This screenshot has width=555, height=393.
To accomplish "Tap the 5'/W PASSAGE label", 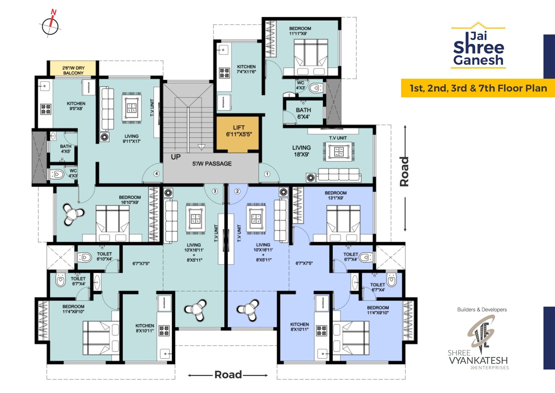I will pos(212,164).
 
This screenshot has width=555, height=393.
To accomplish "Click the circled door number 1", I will pos(267,174).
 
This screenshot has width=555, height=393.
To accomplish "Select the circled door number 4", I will pos(156,174).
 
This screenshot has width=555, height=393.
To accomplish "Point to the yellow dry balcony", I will pos(73,69).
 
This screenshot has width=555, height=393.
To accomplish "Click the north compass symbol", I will pos(50,26).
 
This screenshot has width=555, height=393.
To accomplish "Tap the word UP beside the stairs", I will pos(176,157).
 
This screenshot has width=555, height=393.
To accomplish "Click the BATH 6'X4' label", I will pos(303,113).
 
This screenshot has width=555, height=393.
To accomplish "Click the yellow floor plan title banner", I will pos(478,88).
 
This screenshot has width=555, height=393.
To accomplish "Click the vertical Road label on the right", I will pos(404,171).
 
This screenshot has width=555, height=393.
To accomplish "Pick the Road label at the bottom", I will pos(228,375).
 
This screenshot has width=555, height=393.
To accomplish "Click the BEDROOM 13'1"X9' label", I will pos(336,195).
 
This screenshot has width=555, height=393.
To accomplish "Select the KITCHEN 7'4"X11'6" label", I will pos(246,69).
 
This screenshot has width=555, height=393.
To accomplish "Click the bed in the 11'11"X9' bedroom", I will pos(311,56).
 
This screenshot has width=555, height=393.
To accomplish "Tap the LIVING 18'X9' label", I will pos(301,151).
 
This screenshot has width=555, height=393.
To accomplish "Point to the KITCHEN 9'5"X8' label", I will pos(76,106).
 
